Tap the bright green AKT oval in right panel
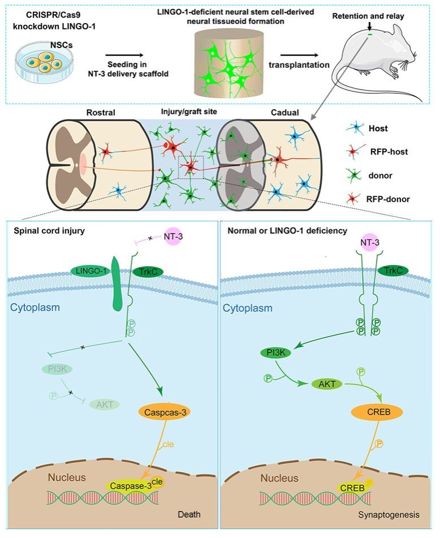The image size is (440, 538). pos(325,383)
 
